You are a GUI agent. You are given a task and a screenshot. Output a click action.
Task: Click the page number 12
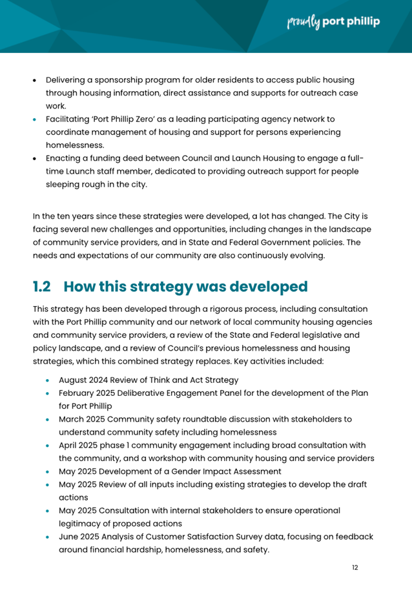click(x=355, y=567)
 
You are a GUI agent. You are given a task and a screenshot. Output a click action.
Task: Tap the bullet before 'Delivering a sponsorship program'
click(x=36, y=80)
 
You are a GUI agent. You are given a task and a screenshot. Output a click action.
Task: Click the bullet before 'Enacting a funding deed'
click(x=36, y=159)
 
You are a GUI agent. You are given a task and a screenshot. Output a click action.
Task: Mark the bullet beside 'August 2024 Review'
click(x=48, y=380)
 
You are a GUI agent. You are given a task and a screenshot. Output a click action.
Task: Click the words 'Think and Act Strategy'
click(x=191, y=380)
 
